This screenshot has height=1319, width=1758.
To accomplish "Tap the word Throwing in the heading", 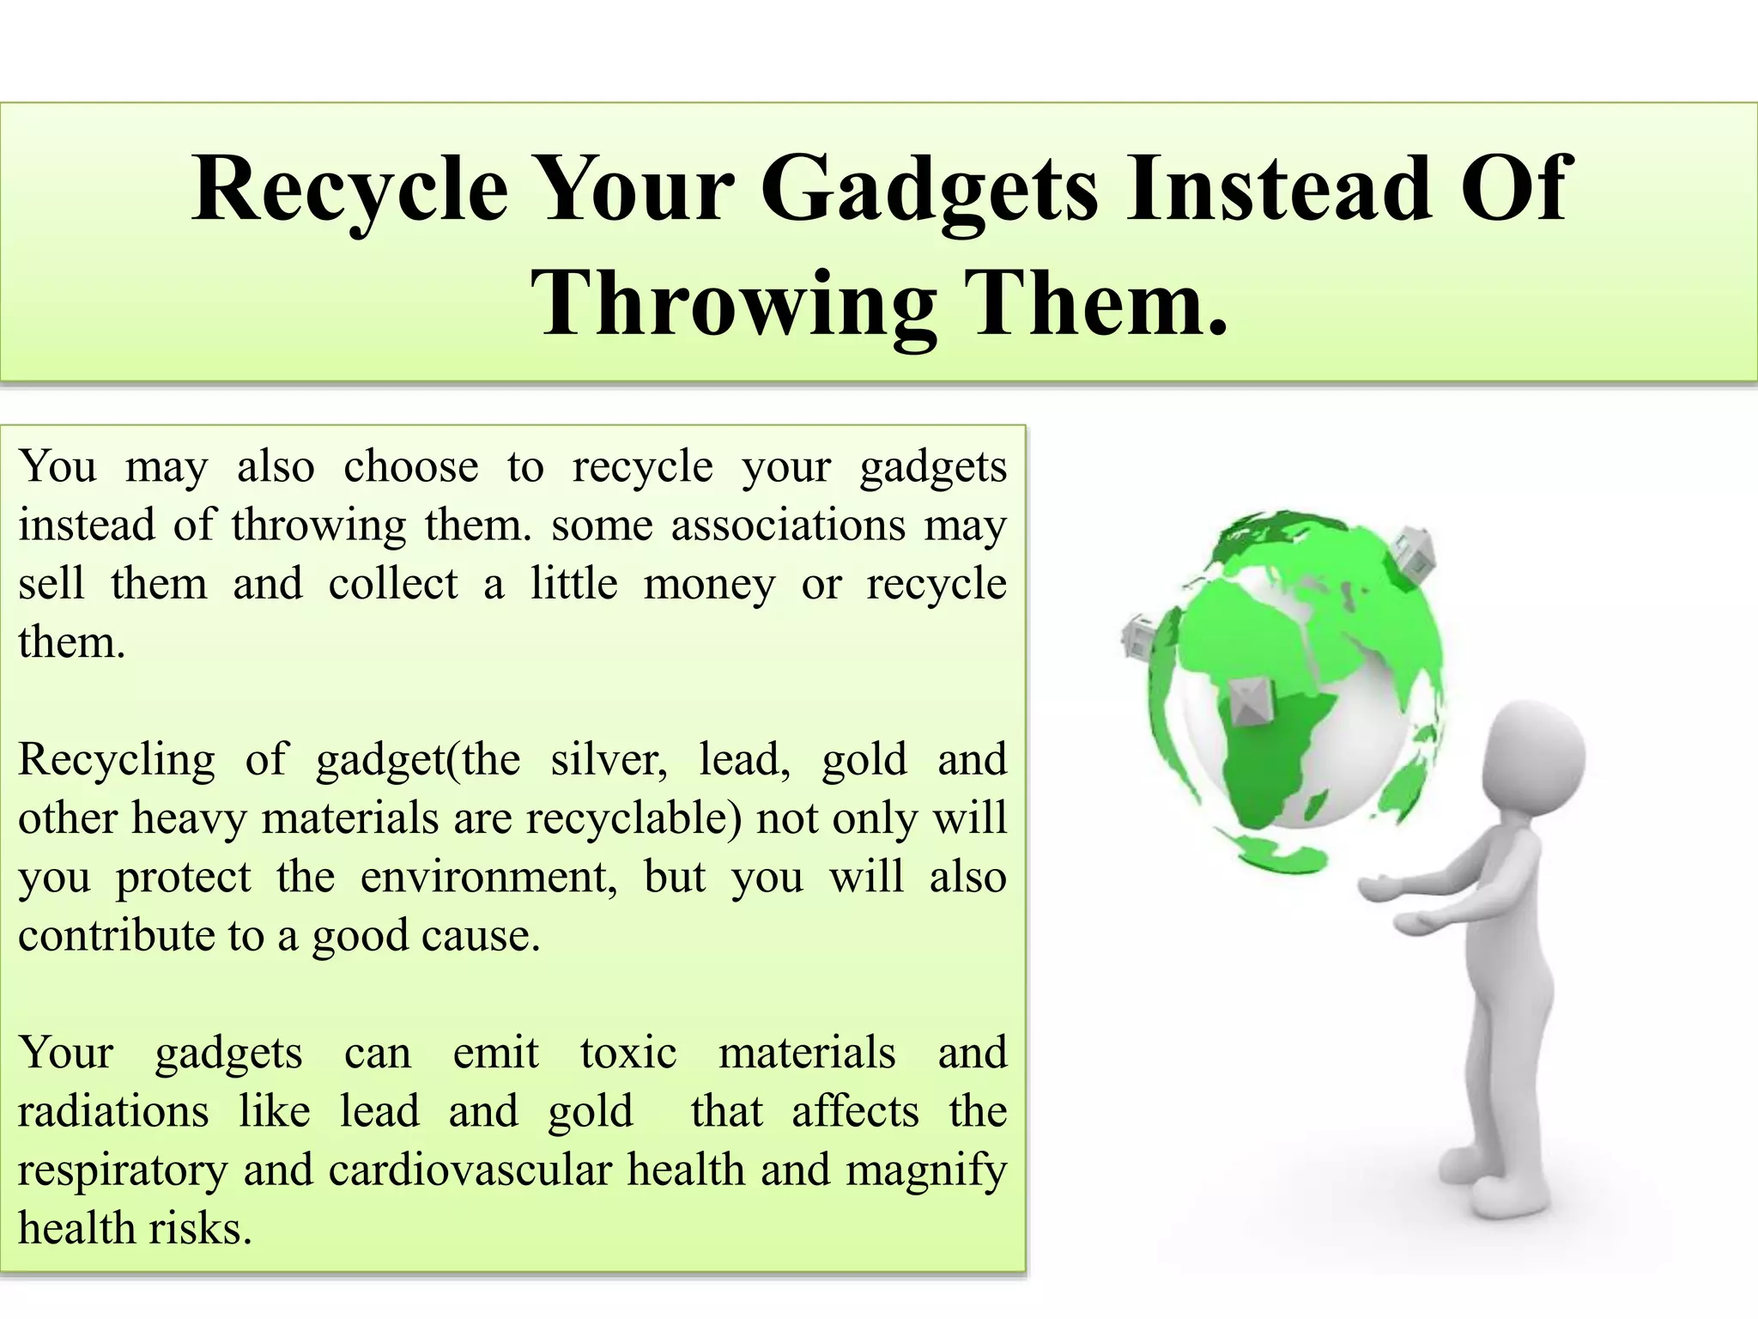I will [x=733, y=305].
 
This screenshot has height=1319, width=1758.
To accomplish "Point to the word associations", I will [x=788, y=525].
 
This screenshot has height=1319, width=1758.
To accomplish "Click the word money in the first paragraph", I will [x=709, y=584].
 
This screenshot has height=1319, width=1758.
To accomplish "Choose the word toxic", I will [x=628, y=1053].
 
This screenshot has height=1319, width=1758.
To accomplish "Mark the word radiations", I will [x=113, y=1111].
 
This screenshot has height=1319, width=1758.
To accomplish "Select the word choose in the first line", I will [x=410, y=467].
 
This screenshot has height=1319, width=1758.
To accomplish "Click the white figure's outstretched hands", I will [x=1408, y=906].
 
